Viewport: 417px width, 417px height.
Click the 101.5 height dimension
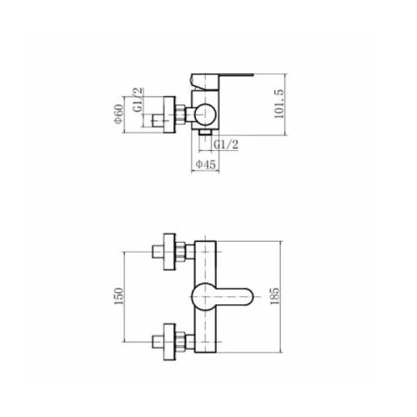point(279,104)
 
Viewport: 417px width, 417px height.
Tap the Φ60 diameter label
point(118,114)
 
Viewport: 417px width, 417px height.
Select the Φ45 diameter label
point(205,164)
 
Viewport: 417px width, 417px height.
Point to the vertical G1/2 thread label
point(138,100)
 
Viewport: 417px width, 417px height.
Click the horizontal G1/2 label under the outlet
point(226,145)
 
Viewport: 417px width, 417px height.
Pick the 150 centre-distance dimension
point(118,296)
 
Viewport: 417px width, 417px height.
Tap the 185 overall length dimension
point(274,296)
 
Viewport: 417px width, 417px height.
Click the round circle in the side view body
point(205,114)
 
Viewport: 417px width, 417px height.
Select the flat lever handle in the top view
point(222,82)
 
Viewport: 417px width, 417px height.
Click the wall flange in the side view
point(169,115)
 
